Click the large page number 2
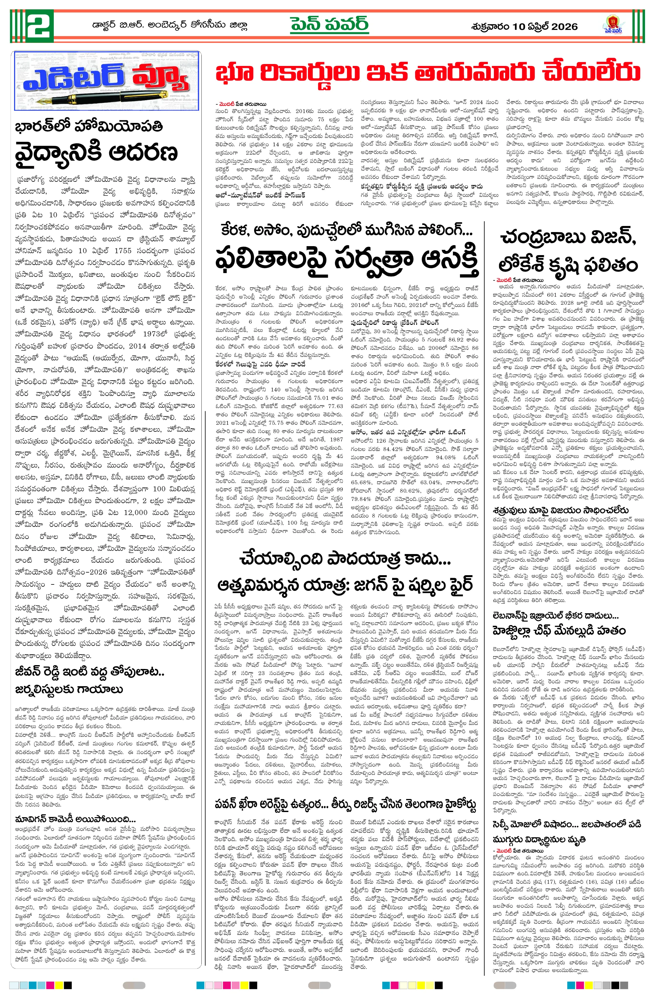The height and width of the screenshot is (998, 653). pyautogui.click(x=40, y=26)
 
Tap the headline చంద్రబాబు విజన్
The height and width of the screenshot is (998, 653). pyautogui.click(x=568, y=238)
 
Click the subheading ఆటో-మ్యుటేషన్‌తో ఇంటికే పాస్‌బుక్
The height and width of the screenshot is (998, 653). pyautogui.click(x=260, y=195)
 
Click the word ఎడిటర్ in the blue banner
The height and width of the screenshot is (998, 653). pyautogui.click(x=73, y=77)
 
